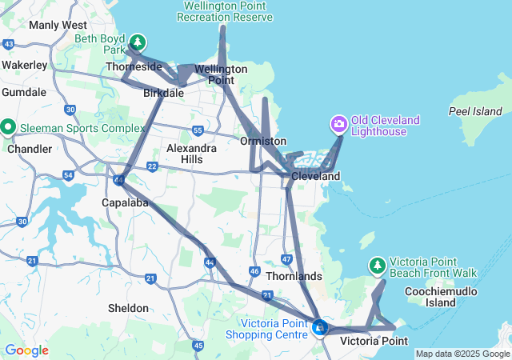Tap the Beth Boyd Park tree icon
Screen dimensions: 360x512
tap(138, 42)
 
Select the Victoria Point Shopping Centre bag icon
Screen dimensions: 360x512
tap(320, 326)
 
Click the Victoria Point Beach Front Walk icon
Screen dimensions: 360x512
tap(377, 265)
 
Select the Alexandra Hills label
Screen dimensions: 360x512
tap(190, 154)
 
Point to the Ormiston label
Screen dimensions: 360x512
tap(258, 141)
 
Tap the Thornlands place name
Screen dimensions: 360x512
tap(295, 276)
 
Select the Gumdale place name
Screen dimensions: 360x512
tap(24, 92)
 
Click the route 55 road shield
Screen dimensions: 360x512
tap(198, 130)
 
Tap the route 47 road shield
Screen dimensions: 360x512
tap(287, 259)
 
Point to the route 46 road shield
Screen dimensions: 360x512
tap(254, 272)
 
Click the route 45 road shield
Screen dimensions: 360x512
tap(198, 345)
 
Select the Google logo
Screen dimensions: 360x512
tap(26, 350)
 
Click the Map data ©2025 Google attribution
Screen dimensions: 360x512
tap(462, 354)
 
